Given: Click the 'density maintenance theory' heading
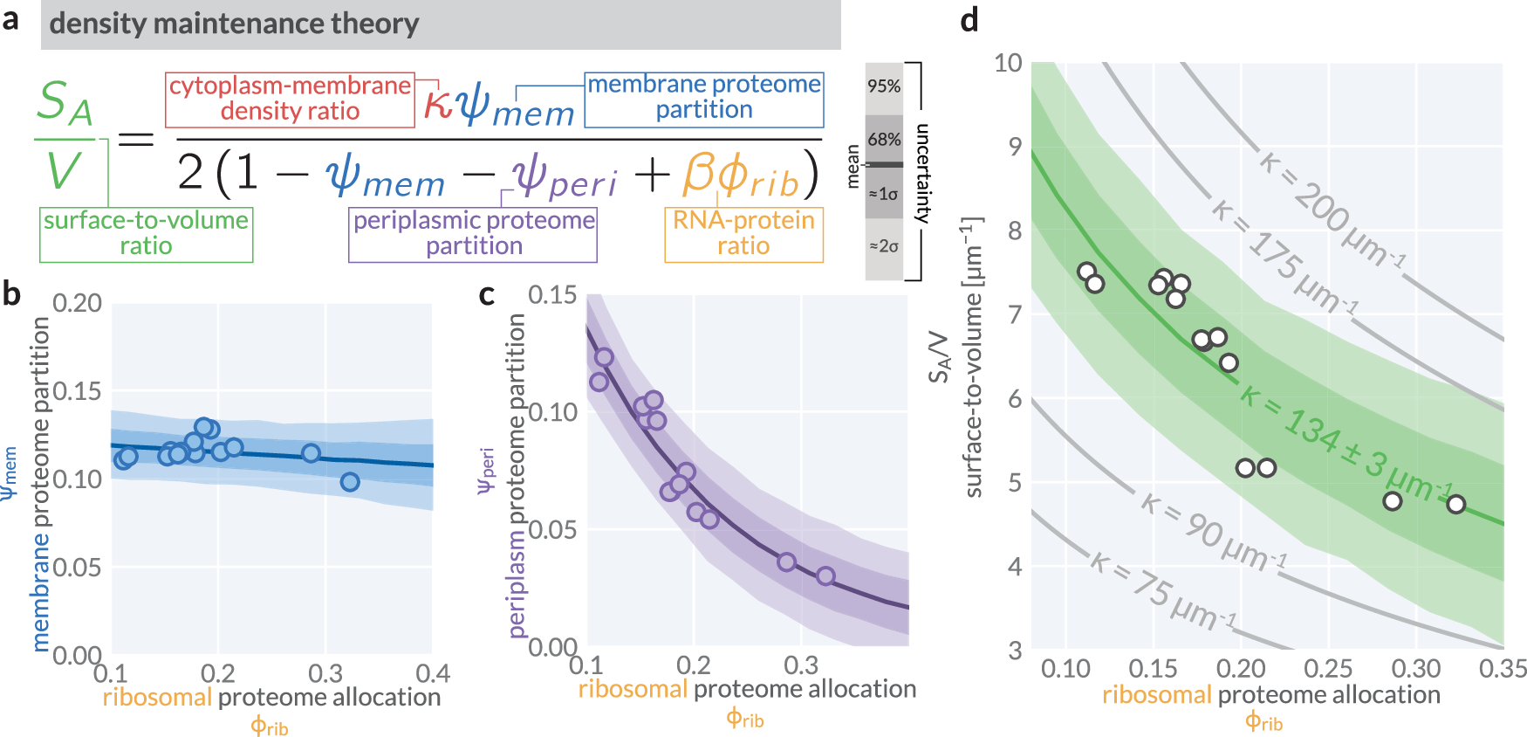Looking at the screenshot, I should (234, 24).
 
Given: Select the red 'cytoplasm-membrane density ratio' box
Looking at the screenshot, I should (290, 99).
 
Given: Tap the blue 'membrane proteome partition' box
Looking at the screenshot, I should (703, 98).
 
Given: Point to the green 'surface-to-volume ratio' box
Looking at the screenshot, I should (146, 233).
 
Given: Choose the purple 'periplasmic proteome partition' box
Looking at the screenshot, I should (473, 233).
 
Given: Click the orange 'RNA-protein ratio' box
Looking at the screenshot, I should (743, 233).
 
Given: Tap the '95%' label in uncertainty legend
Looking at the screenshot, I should (883, 86).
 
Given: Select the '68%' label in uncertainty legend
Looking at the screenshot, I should (883, 140).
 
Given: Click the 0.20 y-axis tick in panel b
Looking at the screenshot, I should (77, 304).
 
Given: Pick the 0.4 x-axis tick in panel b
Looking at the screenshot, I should (432, 674).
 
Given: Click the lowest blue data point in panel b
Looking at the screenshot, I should (350, 482).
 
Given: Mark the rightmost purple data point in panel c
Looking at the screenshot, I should (825, 576).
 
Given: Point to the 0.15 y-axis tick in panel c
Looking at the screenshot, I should (552, 295).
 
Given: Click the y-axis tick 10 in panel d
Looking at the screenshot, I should (1008, 63).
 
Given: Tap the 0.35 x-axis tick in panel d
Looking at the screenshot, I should (1503, 669).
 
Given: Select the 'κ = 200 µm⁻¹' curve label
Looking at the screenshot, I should (1331, 210).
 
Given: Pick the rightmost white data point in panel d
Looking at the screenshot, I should (1455, 504).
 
